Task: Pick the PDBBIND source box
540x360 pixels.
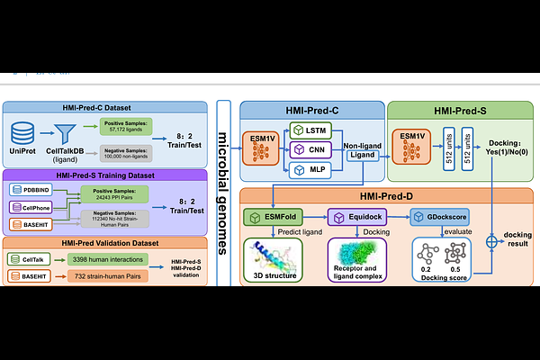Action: [x=32, y=190]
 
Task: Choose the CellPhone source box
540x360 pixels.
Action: [x=32, y=207]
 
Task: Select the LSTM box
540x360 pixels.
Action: [x=309, y=131]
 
